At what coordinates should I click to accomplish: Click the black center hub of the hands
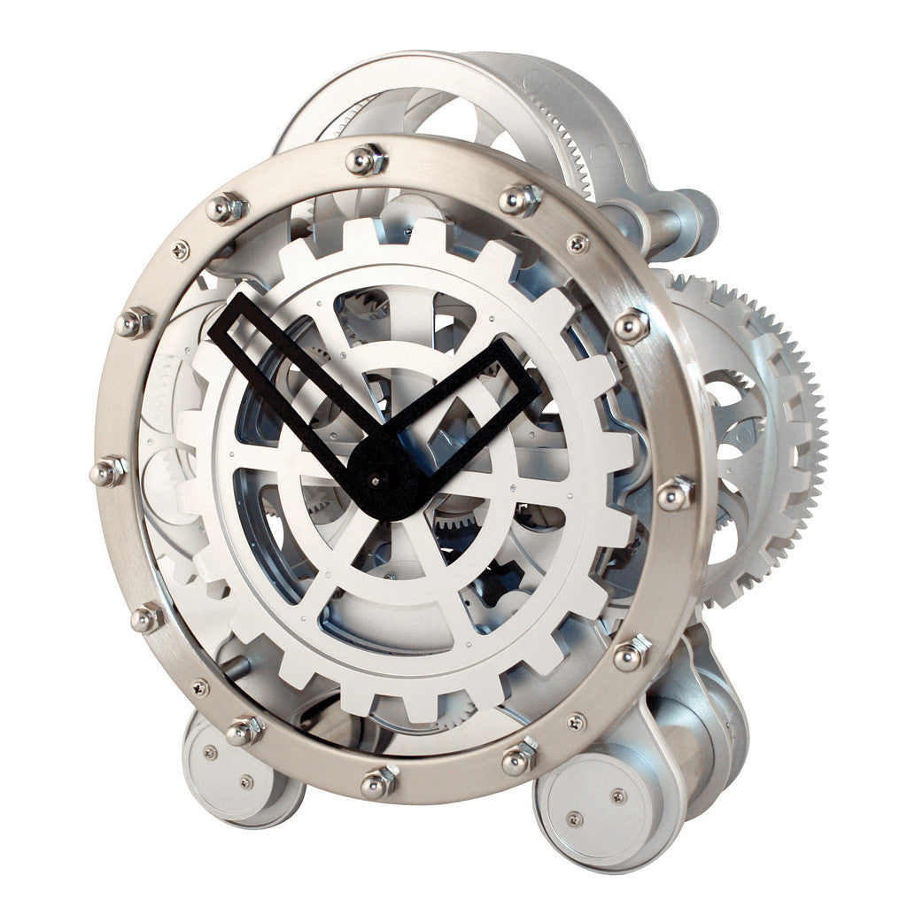pyautogui.click(x=383, y=478)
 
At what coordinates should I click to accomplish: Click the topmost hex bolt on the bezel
pyautogui.click(x=364, y=160)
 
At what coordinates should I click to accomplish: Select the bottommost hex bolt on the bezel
pyautogui.click(x=379, y=782)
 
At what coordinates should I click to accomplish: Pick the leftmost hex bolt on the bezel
pyautogui.click(x=108, y=471)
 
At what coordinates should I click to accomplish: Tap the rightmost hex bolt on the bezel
pyautogui.click(x=675, y=493)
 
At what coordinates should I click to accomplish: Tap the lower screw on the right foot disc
pyautogui.click(x=573, y=818)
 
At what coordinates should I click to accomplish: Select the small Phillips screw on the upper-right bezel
pyautogui.click(x=578, y=243)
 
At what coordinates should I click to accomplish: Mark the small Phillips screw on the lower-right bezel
pyautogui.click(x=576, y=722)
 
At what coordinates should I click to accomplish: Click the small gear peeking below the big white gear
pyautogui.click(x=457, y=709)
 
